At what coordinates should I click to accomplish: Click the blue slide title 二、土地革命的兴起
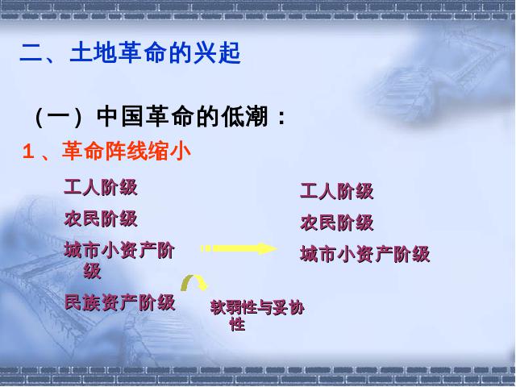(131, 52)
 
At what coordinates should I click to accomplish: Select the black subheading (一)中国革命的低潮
(160, 116)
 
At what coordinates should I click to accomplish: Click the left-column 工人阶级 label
(101, 188)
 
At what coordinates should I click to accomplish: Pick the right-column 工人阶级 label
(337, 191)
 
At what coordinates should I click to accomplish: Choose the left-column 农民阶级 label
(101, 218)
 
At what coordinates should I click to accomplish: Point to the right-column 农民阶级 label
(337, 223)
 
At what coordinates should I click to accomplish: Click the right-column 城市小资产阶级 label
(365, 254)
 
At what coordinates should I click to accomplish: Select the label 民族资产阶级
(119, 302)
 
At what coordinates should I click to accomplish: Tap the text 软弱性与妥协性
(257, 314)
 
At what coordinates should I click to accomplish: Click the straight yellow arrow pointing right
(239, 248)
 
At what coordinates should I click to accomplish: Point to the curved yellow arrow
(194, 278)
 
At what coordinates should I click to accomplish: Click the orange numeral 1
(28, 152)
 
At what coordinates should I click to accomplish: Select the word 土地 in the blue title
(94, 52)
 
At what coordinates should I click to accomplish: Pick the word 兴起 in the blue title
(217, 52)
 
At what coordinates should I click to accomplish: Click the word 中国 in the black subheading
(120, 116)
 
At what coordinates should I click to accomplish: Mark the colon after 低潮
(281, 118)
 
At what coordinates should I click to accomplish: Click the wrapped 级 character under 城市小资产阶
(92, 271)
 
